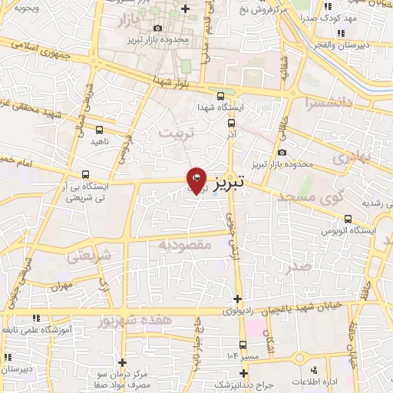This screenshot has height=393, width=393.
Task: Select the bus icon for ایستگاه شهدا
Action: [x=221, y=96]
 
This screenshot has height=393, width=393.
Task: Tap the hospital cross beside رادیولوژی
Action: [x=238, y=299]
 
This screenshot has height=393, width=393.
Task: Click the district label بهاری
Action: [x=354, y=157]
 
